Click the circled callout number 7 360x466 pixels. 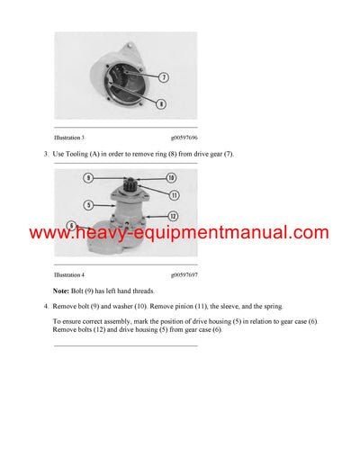tap(163, 77)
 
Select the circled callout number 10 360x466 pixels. tap(171, 177)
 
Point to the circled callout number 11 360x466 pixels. tap(174, 194)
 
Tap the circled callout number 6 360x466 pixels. tap(72, 224)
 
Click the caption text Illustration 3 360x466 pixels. tap(69, 138)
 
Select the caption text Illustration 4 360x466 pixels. tap(69, 274)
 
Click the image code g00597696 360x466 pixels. tap(184, 138)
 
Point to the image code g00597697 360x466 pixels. tap(184, 274)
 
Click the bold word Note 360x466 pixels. tap(61, 291)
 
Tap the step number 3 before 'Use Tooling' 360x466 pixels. tap(45, 155)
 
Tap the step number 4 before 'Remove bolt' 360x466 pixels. tap(45, 308)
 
